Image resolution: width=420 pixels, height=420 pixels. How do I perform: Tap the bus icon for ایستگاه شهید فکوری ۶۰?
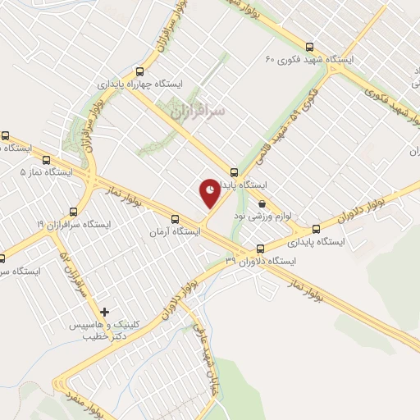pyautogui.click(x=309, y=47)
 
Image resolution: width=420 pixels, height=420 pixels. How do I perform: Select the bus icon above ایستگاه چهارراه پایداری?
pyautogui.click(x=139, y=71)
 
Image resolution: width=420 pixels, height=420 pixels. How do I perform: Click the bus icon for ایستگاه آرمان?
pyautogui.click(x=174, y=219)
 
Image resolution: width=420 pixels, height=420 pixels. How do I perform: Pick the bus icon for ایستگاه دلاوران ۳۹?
pyautogui.click(x=260, y=249)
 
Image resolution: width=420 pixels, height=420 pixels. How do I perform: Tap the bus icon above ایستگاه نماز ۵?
pyautogui.click(x=46, y=159)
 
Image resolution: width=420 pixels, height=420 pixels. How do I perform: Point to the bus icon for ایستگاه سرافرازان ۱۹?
pyautogui.click(x=73, y=211)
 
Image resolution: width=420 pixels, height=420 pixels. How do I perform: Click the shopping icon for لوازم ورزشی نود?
pyautogui.click(x=262, y=204)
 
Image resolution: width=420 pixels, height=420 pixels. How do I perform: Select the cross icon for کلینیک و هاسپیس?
pyautogui.click(x=104, y=312)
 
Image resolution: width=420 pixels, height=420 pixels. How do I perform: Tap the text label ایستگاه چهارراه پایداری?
pyautogui.click(x=135, y=84)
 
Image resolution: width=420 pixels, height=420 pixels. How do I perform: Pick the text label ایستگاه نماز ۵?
pyautogui.click(x=46, y=173)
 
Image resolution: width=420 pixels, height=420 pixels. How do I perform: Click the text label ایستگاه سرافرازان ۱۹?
pyautogui.click(x=71, y=224)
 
